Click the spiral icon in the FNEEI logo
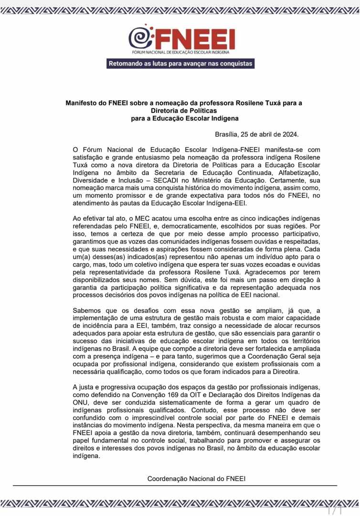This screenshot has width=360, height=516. [x=140, y=37]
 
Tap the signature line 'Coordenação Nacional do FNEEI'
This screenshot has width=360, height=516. [x=197, y=478]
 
